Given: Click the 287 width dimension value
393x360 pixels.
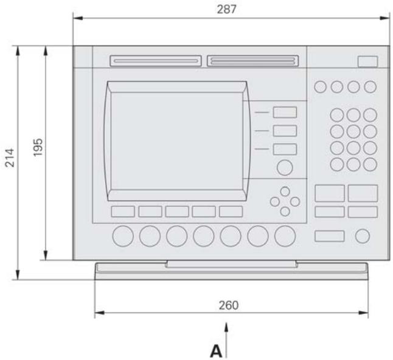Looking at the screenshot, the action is pos(226,9).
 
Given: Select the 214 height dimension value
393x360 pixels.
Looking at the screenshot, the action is pos(10,157).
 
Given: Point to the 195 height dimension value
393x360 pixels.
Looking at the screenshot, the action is pos(38,147).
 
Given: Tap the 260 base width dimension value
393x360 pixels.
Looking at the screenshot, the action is pos(229,305).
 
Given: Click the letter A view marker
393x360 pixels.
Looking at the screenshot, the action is pos(216,351).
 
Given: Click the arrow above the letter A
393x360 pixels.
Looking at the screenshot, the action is pos(226,340).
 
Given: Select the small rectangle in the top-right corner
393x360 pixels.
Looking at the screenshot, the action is pos(367,61).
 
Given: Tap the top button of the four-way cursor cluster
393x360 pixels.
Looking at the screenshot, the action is pos(285,192).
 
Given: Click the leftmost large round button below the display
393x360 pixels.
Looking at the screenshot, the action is pos(123,236).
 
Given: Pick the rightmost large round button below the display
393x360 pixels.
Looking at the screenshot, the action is pos(285,236).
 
